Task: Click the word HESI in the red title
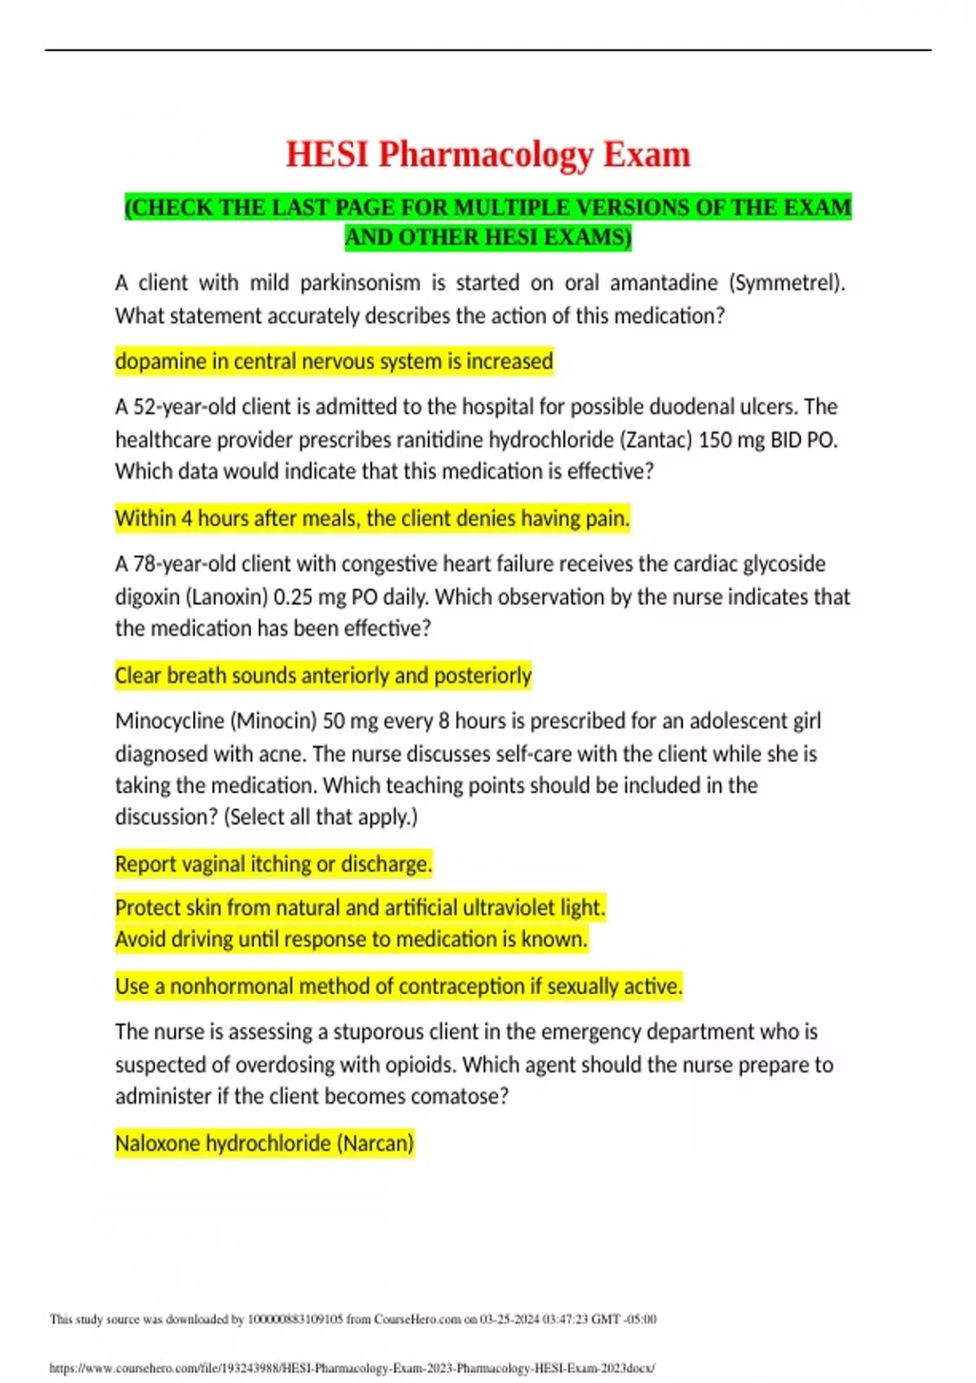tap(326, 155)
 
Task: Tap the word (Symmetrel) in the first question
tap(786, 283)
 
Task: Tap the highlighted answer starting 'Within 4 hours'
tap(372, 518)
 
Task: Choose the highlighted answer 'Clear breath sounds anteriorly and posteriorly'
tap(323, 675)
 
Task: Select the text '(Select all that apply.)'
tap(320, 817)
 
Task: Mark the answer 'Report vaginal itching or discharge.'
tap(273, 864)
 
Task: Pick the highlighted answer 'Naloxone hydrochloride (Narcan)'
tap(264, 1144)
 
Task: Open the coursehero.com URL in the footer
tap(351, 1368)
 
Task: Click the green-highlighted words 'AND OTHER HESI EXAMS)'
tap(488, 238)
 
